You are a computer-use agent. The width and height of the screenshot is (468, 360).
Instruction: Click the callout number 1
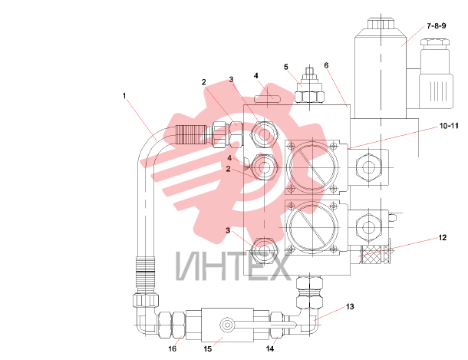(x=124, y=96)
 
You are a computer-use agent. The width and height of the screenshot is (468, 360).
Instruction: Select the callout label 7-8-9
(x=437, y=26)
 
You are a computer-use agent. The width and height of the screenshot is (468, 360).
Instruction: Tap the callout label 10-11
(x=449, y=126)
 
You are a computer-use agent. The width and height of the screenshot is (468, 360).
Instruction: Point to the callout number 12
(x=443, y=237)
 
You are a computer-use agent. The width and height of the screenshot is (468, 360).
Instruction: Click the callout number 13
(x=350, y=306)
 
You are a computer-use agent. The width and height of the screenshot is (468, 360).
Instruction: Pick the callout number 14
(x=270, y=348)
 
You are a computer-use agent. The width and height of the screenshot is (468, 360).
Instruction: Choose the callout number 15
(x=208, y=348)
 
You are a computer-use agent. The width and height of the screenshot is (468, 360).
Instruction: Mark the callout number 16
(x=172, y=348)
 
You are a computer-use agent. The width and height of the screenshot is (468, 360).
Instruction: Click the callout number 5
(x=286, y=67)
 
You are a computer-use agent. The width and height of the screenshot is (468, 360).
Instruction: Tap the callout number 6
(x=326, y=65)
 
